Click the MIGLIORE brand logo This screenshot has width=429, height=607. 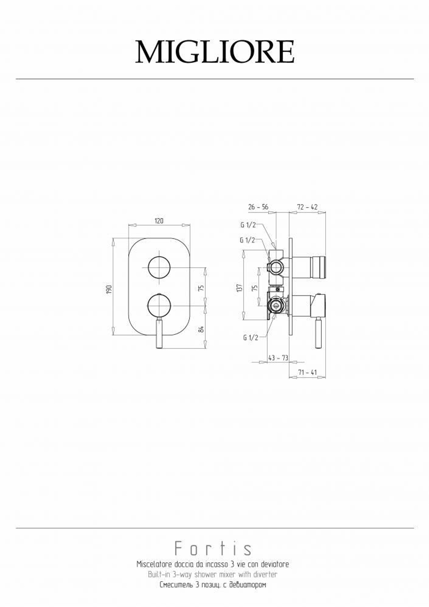point(214,52)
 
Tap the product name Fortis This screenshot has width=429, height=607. point(213,548)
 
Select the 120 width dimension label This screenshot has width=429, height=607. point(159,221)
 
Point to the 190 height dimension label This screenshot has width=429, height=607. point(109,289)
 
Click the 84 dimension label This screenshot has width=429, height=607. point(201,329)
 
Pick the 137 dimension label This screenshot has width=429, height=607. point(239,288)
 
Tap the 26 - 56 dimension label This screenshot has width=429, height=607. point(258,207)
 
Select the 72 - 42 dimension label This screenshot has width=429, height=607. point(307,207)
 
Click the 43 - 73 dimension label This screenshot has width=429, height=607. point(278,358)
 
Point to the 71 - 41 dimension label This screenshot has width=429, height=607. point(307,373)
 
